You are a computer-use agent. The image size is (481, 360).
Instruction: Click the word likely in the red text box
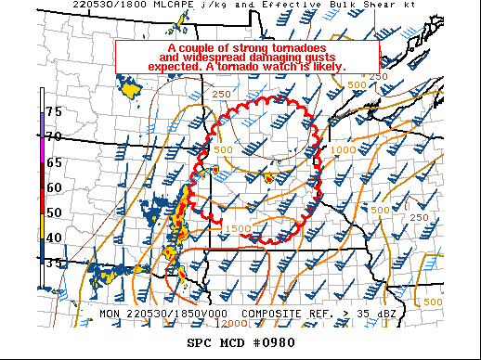pyautogui.click(x=324, y=67)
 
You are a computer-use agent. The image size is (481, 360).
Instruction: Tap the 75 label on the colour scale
pyautogui.click(x=54, y=111)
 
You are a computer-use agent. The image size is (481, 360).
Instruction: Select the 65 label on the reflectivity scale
pyautogui.click(x=54, y=161)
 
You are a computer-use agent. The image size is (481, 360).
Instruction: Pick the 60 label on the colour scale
pyautogui.click(x=54, y=187)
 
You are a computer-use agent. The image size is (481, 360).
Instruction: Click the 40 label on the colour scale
pyautogui.click(x=54, y=238)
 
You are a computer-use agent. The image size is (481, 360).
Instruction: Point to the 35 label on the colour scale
pyautogui.click(x=54, y=264)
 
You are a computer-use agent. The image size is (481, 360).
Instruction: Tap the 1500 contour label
pyautogui.click(x=238, y=228)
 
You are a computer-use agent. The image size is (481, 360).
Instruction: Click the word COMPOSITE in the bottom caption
pyautogui.click(x=273, y=314)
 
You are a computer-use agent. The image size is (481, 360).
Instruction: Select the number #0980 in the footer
pyautogui.click(x=275, y=343)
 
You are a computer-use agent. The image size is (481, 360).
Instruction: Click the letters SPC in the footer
pyautogui.click(x=200, y=343)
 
